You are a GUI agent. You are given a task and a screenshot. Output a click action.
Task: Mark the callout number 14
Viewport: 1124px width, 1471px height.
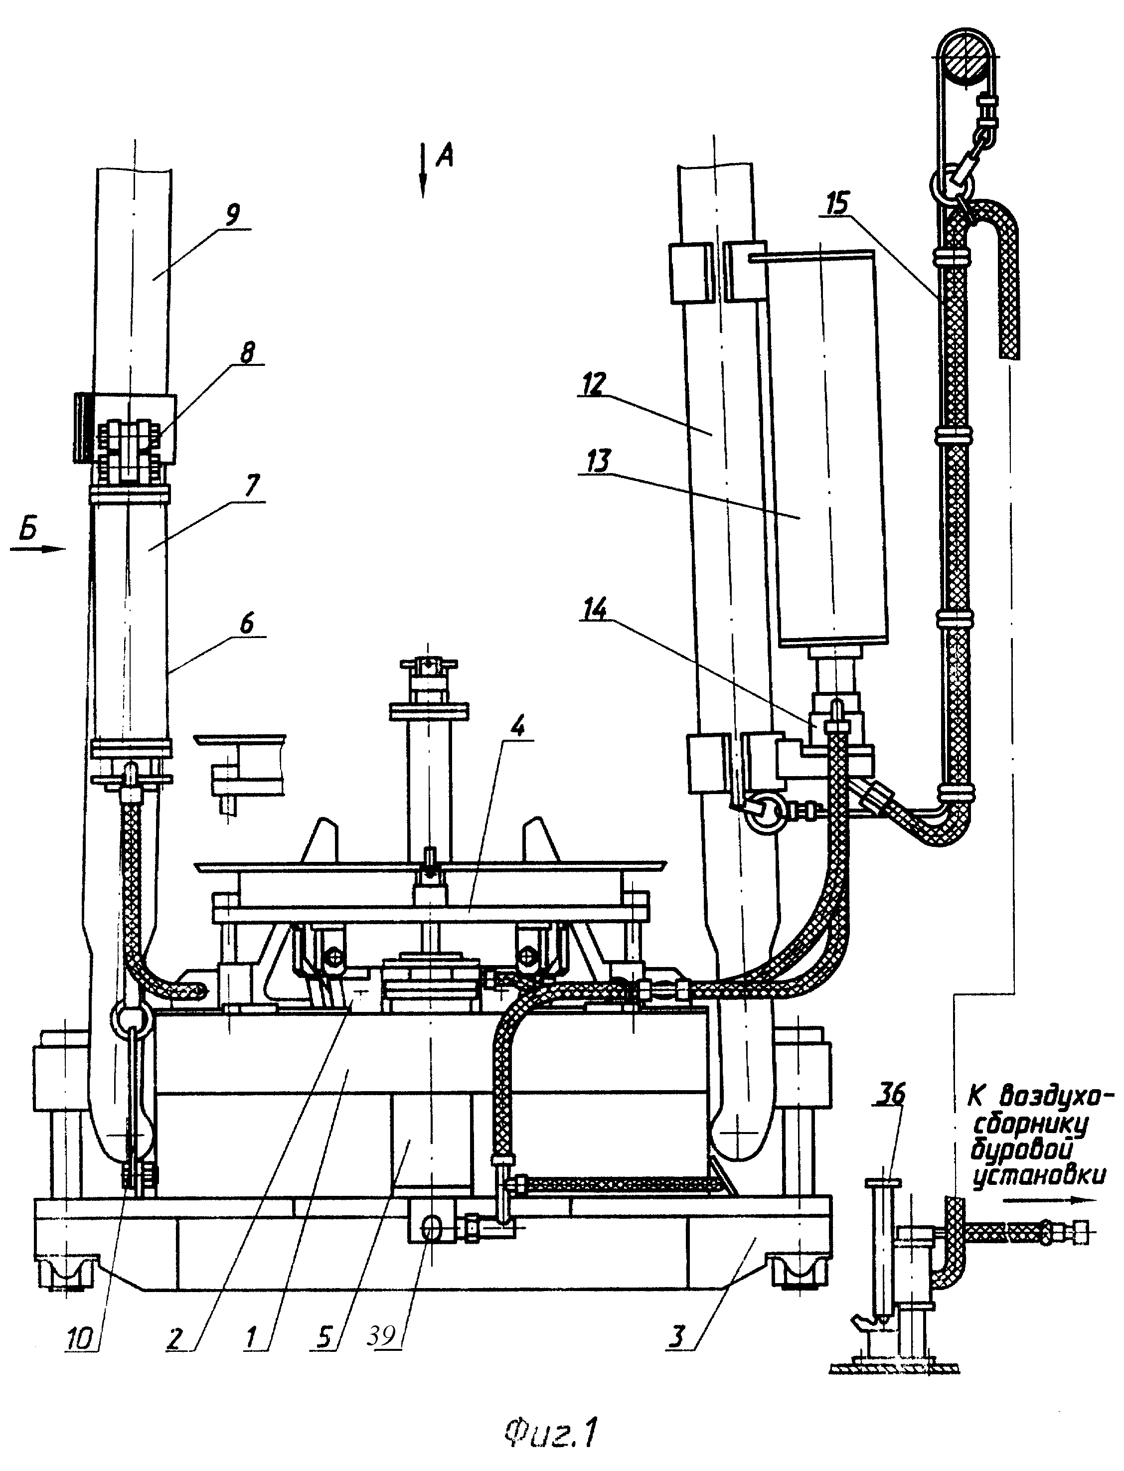(x=596, y=610)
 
